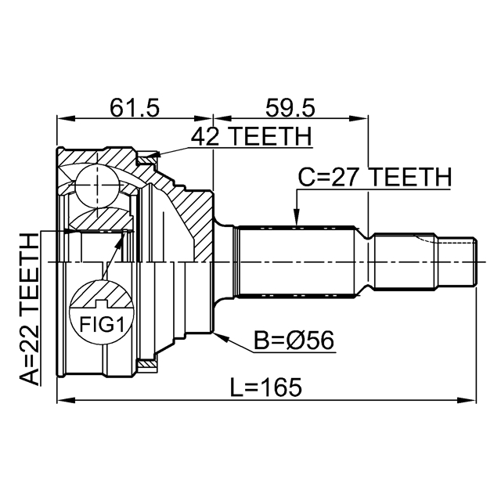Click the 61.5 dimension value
tap(134, 108)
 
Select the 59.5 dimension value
tap(290, 108)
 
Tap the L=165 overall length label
tap(266, 387)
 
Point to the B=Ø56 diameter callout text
tap(294, 340)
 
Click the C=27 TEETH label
tap(375, 177)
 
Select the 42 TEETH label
tap(251, 136)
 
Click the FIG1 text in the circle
tap(102, 324)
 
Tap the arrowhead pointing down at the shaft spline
tap(297, 218)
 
